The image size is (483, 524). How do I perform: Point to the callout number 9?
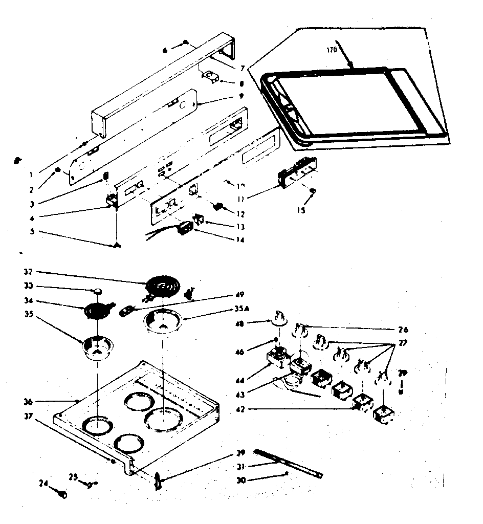[x=240, y=96]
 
